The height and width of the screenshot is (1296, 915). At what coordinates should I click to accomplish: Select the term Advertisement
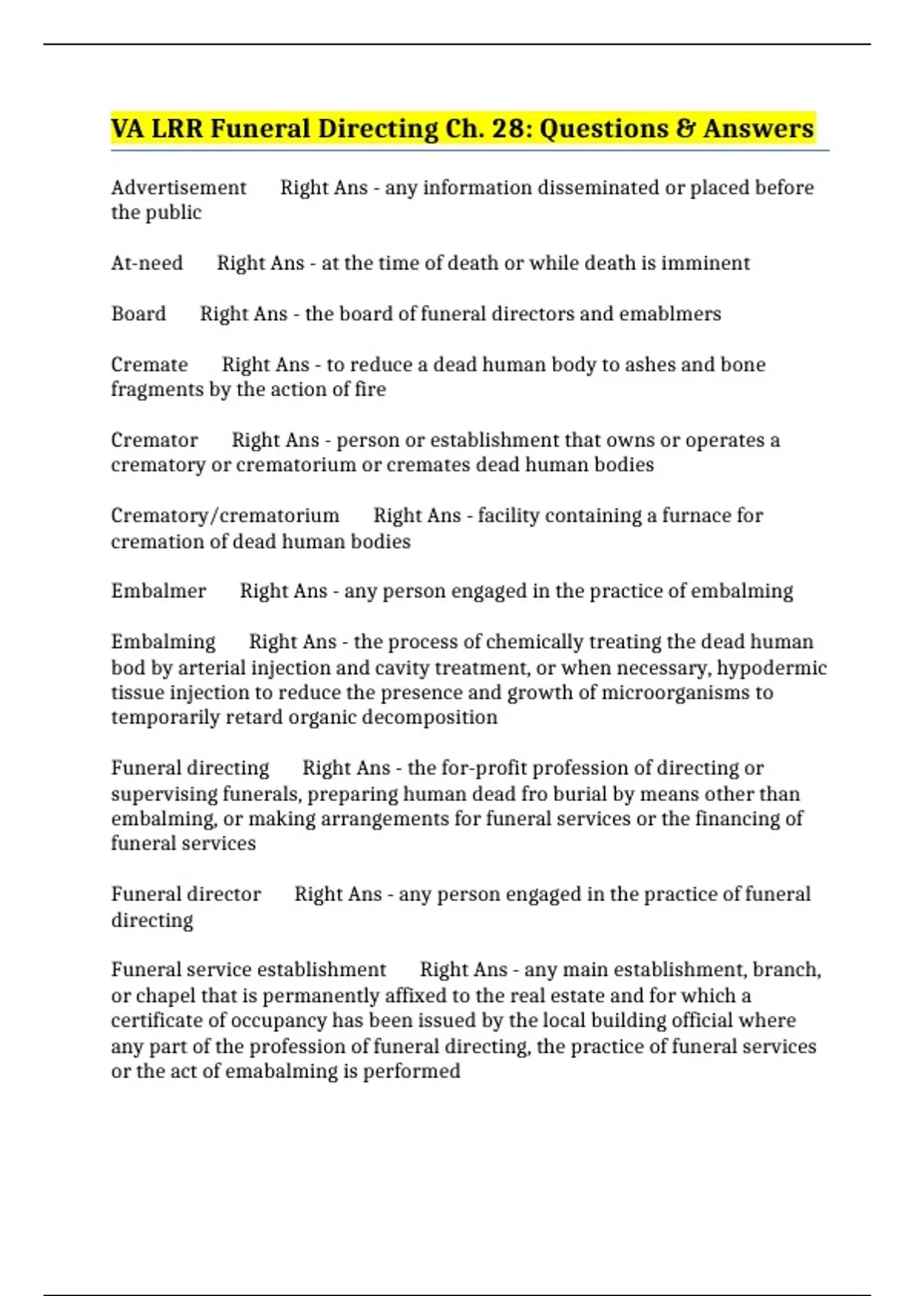(178, 188)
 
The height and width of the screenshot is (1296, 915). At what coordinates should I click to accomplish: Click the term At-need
(146, 263)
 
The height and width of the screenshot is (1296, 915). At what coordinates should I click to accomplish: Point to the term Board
(138, 313)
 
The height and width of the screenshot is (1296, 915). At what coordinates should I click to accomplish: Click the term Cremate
(149, 364)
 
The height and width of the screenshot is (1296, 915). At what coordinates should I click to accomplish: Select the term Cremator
(154, 440)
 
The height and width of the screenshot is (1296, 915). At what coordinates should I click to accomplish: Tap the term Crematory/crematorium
(225, 515)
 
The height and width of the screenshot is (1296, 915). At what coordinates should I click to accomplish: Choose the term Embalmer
(159, 591)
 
